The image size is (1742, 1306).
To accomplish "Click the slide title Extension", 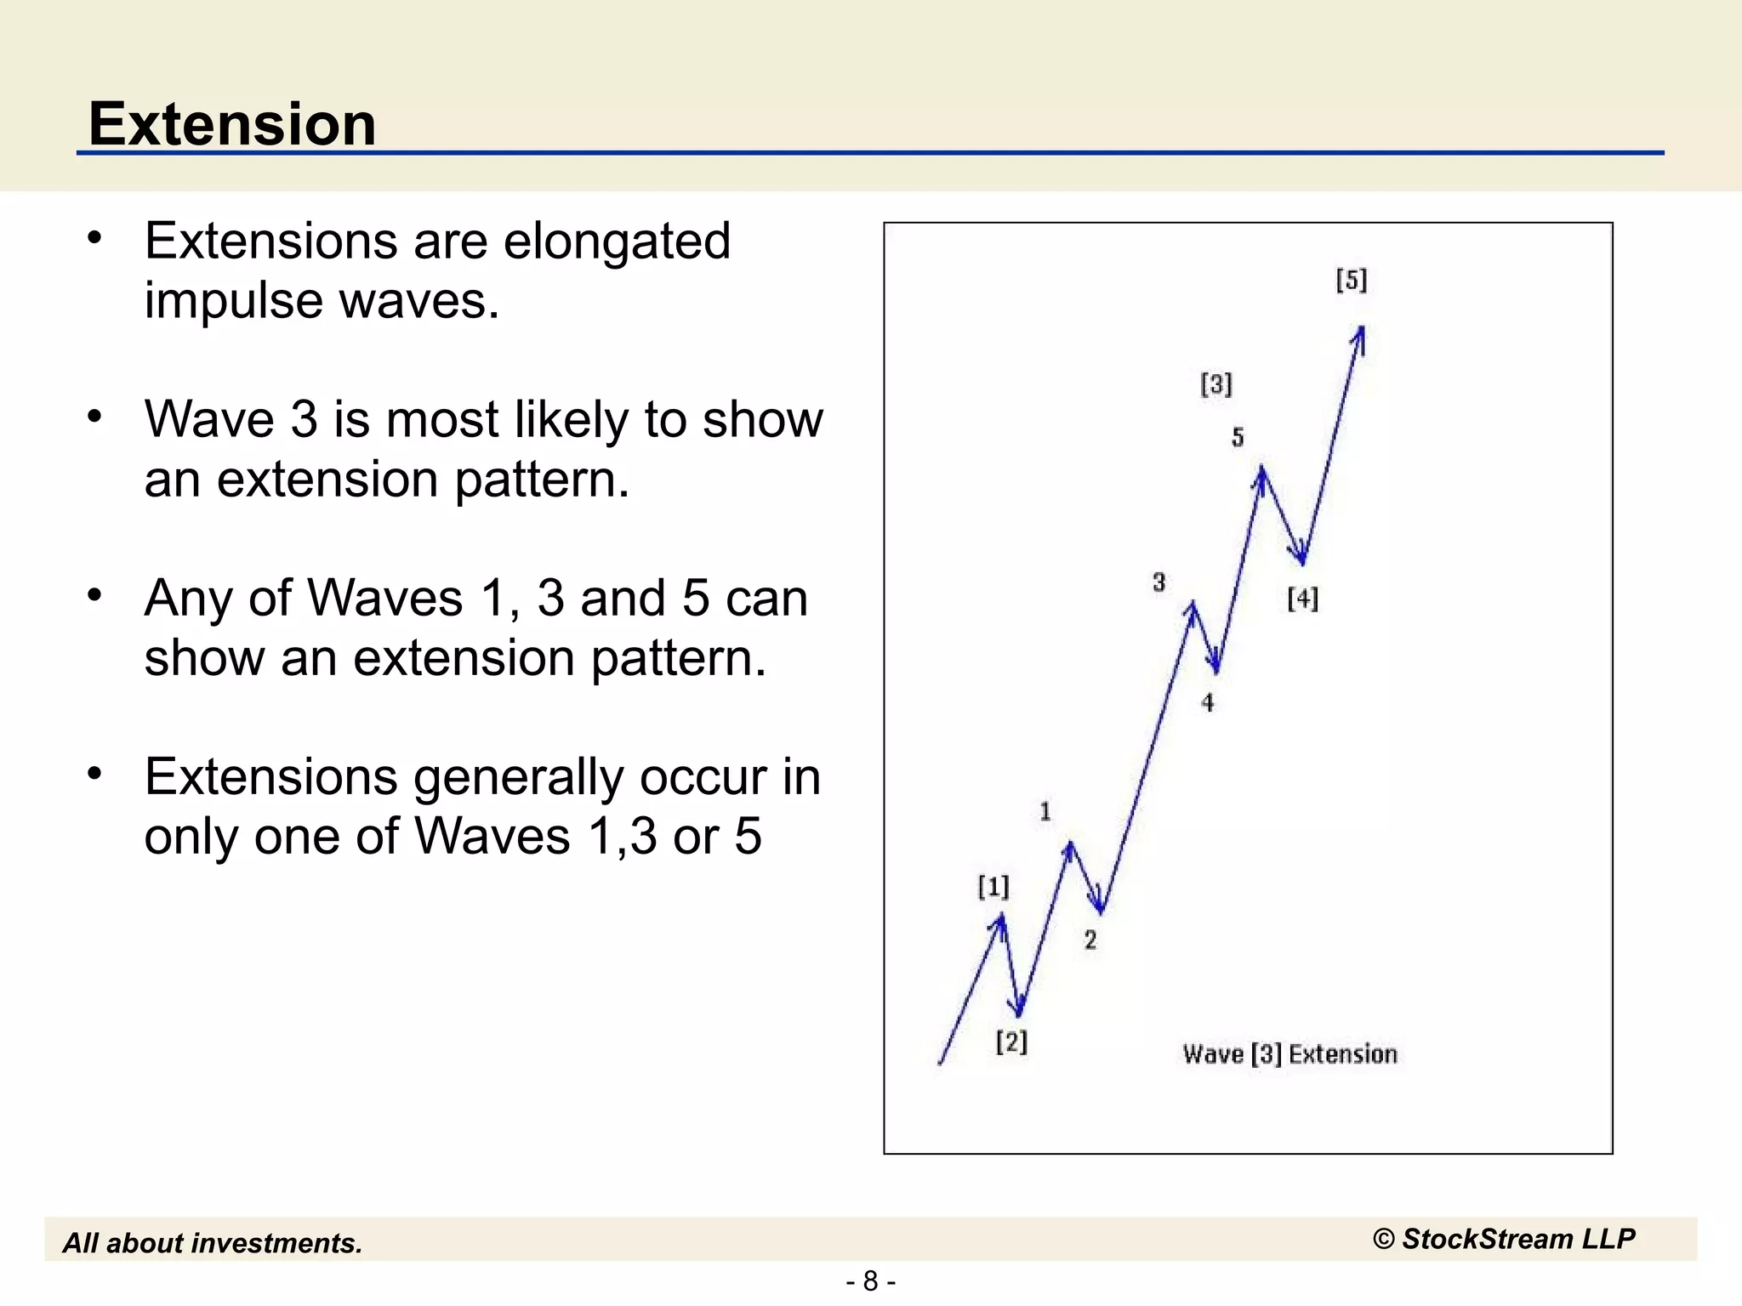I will (x=232, y=124).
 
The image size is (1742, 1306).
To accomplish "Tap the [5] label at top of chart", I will (x=1351, y=280).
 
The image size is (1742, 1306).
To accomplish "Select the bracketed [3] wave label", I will (x=1216, y=384).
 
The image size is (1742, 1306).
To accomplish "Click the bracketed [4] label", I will (x=1302, y=599).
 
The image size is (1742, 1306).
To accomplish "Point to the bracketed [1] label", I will (x=993, y=887).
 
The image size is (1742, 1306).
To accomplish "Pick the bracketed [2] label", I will (x=1011, y=1041).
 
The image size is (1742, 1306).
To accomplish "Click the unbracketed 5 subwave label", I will (x=1238, y=437).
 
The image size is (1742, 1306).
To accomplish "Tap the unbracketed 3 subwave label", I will (x=1158, y=582).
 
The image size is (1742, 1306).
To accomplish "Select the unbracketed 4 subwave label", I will (x=1207, y=702).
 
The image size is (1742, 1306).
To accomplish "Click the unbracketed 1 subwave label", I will (x=1045, y=811).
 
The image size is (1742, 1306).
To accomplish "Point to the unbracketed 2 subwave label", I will (x=1090, y=940).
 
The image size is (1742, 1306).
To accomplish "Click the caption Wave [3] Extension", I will (x=1289, y=1054).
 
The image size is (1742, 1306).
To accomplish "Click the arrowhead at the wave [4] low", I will (x=1301, y=557).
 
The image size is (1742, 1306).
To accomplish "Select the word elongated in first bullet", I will (x=617, y=241).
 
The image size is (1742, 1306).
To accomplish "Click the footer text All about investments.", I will (x=213, y=1243).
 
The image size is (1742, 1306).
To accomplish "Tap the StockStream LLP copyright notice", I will (x=1504, y=1239).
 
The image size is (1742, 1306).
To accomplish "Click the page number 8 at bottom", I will (x=870, y=1280).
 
